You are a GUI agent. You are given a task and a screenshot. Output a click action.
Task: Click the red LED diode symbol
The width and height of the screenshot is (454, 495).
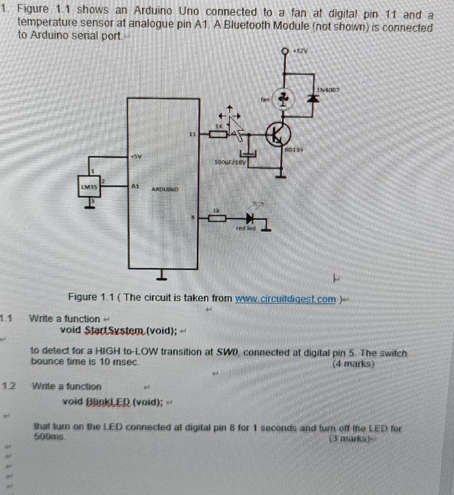(x=251, y=218)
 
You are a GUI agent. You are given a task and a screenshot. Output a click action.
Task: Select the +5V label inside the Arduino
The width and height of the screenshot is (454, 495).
(x=137, y=156)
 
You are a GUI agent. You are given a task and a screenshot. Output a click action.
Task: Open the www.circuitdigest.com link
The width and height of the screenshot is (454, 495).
(x=286, y=299)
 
